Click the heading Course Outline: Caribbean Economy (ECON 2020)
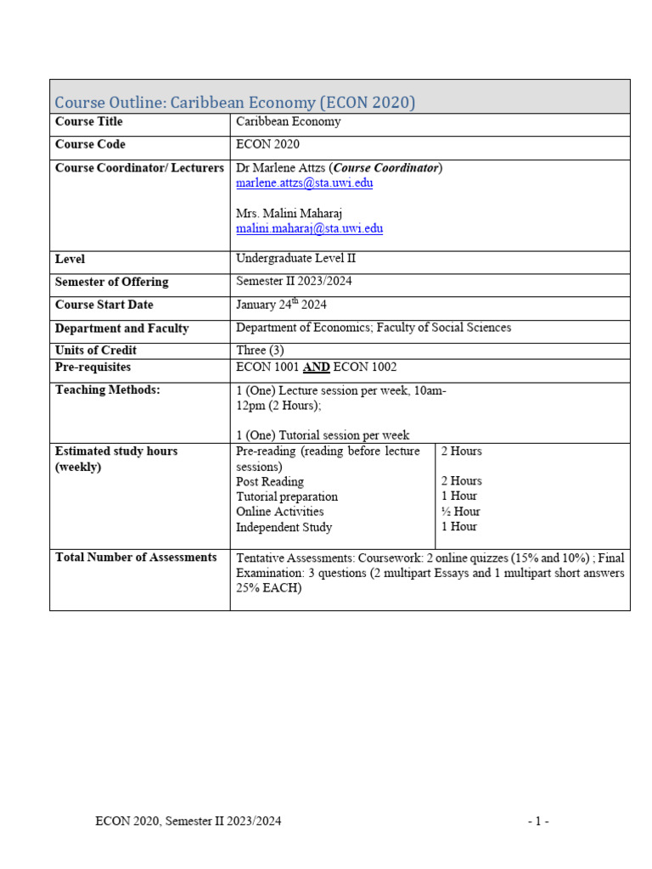pyautogui.click(x=234, y=103)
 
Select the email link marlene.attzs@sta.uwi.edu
pyautogui.click(x=304, y=183)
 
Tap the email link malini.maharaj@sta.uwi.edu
pyautogui.click(x=309, y=229)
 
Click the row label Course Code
pyautogui.click(x=92, y=145)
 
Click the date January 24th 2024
pyautogui.click(x=281, y=306)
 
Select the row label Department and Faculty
pyautogui.click(x=121, y=328)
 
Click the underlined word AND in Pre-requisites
pyautogui.click(x=317, y=367)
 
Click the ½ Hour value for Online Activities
pyautogui.click(x=460, y=512)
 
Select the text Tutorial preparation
pyautogui.click(x=286, y=496)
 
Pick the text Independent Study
pyautogui.click(x=284, y=527)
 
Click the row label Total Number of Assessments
pyautogui.click(x=136, y=558)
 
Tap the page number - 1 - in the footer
pyautogui.click(x=538, y=821)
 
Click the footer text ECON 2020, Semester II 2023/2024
pyautogui.click(x=188, y=821)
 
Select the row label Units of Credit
pyautogui.click(x=95, y=350)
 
